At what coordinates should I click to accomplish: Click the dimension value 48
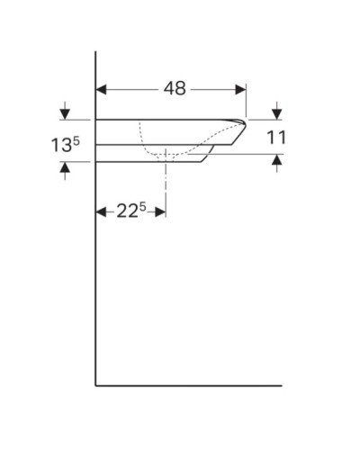pos(175,88)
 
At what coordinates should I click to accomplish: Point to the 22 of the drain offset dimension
pos(126,211)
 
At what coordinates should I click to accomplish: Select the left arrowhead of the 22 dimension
pos(101,212)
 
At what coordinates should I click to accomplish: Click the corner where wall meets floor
pos(96,385)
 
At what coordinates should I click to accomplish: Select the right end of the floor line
pos(281,385)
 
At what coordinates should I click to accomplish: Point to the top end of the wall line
pos(96,52)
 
